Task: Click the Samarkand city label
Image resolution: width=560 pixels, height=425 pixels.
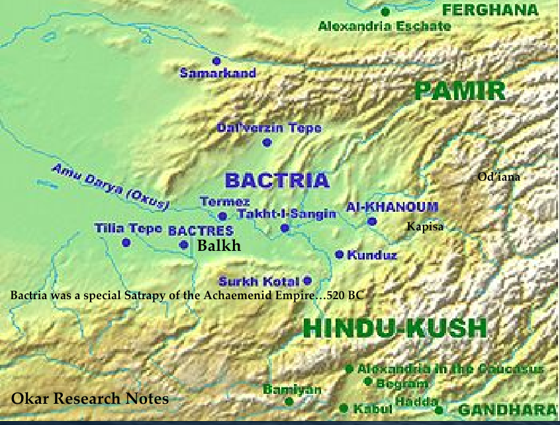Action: [218, 73]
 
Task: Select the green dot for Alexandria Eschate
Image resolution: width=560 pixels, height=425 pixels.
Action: [385, 11]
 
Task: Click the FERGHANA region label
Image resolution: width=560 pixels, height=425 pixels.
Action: [499, 10]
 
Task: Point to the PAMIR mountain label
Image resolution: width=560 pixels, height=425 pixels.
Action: [459, 91]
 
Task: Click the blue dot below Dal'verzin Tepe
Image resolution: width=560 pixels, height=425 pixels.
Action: [267, 142]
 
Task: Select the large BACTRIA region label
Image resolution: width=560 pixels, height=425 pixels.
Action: [277, 180]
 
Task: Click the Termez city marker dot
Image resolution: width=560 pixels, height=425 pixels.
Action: [223, 216]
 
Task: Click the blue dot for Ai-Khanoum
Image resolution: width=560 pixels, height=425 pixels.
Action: [372, 222]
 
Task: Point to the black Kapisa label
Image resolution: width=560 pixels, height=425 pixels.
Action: [424, 227]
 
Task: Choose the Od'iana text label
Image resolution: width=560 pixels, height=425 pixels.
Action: [499, 177]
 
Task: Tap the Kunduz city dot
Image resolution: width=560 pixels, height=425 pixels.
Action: [340, 254]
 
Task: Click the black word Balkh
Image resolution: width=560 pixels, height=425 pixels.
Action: [218, 246]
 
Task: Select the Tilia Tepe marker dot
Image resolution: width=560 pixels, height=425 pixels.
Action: [126, 243]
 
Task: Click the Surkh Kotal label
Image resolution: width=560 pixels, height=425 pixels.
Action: [259, 281]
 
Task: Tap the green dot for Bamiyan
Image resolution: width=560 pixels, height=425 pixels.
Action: [289, 401]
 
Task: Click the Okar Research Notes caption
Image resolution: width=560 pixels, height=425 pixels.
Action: [90, 399]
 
